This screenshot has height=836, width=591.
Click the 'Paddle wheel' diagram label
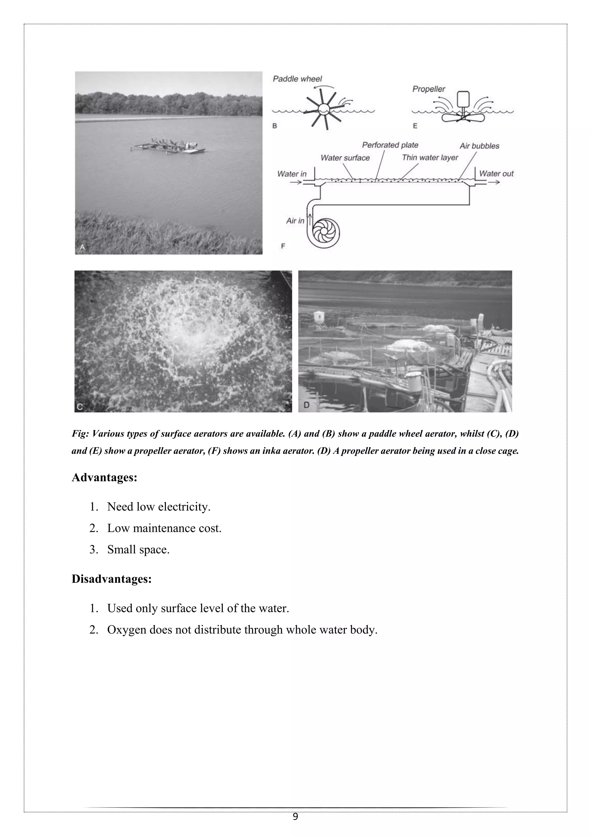click(297, 79)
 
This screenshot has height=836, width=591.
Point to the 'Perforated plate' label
click(390, 145)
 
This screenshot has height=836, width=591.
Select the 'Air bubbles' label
click(479, 146)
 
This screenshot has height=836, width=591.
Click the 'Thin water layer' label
click(430, 158)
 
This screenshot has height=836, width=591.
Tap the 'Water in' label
click(291, 174)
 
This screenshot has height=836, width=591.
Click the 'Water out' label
click(496, 174)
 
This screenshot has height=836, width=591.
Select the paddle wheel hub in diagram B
click(323, 109)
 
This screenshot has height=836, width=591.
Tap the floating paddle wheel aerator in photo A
click(169, 146)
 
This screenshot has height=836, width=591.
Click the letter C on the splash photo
click(80, 407)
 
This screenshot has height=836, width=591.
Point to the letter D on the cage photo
click(306, 405)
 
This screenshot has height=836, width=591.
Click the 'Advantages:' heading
click(104, 477)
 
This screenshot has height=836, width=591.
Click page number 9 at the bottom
click(295, 817)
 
